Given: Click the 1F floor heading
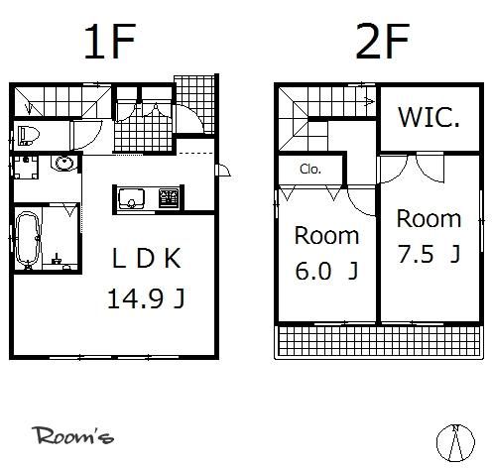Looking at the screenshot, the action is (110, 42).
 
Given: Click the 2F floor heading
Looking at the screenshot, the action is (383, 42).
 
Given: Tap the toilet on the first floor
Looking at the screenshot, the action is (28, 135).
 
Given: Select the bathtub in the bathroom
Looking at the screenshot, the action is (28, 239).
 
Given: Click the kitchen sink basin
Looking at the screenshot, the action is (132, 198).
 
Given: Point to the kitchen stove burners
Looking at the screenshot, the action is (170, 198).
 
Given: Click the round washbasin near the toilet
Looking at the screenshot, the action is (63, 163).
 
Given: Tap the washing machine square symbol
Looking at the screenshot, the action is (26, 167).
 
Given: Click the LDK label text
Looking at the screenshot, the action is (147, 259).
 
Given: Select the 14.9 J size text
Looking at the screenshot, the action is (146, 298).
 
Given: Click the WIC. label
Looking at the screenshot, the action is (429, 117).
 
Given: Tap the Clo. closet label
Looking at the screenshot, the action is (310, 170).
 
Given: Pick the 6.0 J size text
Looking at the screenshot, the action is (326, 271).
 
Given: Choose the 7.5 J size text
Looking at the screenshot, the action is (429, 254).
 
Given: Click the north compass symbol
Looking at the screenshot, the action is (455, 443).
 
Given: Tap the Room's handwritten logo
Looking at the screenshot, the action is (73, 435).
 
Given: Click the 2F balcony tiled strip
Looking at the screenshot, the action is (379, 341).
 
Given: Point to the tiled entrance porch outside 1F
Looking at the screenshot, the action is (195, 104).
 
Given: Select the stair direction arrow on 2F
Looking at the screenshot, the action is (370, 101).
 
